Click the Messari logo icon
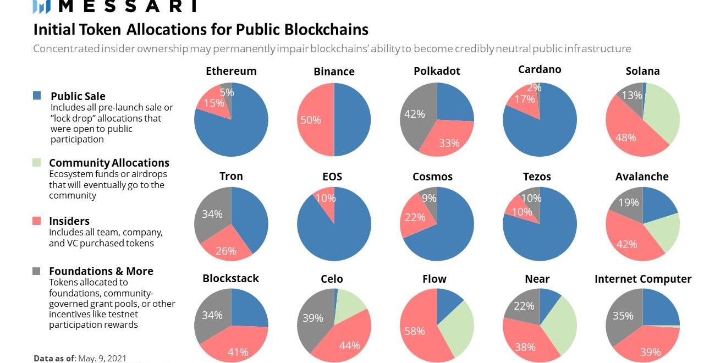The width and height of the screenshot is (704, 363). click(x=42, y=6)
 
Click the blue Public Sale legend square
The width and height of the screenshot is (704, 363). click(x=37, y=96)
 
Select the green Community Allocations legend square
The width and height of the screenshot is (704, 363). click(x=37, y=162)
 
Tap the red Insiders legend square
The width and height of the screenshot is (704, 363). click(x=37, y=221)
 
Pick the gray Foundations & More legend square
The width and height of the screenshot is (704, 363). click(x=37, y=271)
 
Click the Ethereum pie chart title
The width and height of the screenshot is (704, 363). click(x=231, y=71)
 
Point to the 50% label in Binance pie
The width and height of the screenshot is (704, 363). click(x=310, y=119)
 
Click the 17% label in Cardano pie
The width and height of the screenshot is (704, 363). click(x=524, y=100)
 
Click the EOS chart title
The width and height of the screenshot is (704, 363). click(x=332, y=177)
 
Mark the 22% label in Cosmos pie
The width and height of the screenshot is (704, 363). click(x=415, y=217)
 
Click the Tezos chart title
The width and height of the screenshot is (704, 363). click(x=537, y=177)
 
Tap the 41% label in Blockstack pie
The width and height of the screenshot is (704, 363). click(x=238, y=351)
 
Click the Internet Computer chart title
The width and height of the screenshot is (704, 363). click(x=643, y=279)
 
